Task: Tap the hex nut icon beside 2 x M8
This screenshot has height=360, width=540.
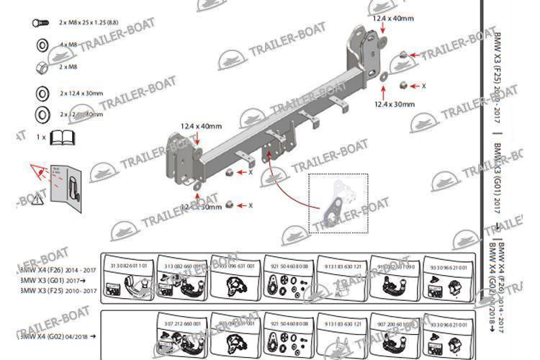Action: point(41,67)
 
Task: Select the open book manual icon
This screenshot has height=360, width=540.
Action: point(60,136)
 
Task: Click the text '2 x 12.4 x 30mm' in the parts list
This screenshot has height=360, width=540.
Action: point(81,93)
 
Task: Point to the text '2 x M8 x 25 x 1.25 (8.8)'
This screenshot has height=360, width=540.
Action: point(89,23)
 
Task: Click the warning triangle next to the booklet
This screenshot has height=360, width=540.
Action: point(39,171)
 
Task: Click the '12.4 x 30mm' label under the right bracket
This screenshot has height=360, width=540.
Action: point(394,104)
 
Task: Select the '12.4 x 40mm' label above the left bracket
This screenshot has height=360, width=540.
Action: point(201,127)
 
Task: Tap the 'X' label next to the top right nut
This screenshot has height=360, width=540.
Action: point(423,86)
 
